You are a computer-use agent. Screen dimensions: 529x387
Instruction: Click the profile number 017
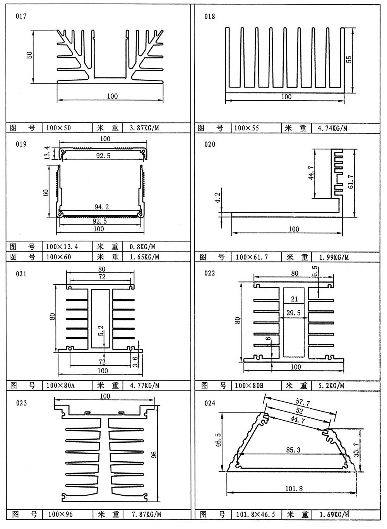[21, 16]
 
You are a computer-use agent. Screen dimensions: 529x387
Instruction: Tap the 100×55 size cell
[247, 128]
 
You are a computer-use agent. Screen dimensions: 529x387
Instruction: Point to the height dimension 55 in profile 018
[349, 59]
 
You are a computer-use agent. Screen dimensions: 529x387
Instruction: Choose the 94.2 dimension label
[102, 207]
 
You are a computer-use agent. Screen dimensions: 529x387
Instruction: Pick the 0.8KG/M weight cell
[139, 247]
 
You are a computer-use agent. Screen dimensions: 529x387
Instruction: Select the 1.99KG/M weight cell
[334, 257]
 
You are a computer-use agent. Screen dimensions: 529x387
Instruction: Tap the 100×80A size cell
[60, 385]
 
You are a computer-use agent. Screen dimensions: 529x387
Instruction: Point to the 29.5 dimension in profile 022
[293, 313]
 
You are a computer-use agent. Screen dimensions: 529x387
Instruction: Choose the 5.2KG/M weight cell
[331, 385]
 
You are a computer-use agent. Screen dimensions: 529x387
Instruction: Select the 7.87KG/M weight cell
[146, 515]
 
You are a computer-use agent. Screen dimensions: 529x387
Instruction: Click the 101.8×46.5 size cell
[255, 515]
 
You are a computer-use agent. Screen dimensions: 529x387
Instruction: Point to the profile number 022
[209, 273]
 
